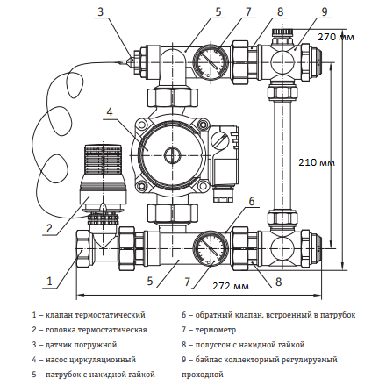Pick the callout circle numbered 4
pyautogui.click(x=108, y=111)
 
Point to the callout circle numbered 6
pyautogui.click(x=251, y=201)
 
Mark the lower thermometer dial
pyautogui.click(x=210, y=242)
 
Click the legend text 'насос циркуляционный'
pyautogui.click(x=97, y=359)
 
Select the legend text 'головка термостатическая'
pyautogui.click(x=101, y=329)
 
